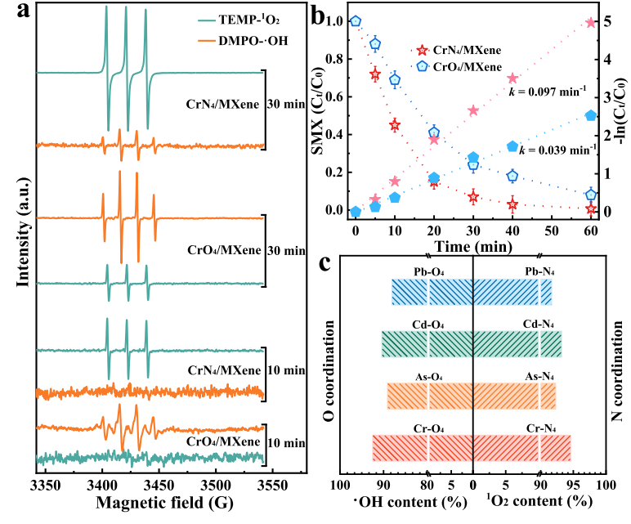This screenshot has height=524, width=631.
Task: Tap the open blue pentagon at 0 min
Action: [356, 20]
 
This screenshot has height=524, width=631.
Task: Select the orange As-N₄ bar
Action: [515, 396]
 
